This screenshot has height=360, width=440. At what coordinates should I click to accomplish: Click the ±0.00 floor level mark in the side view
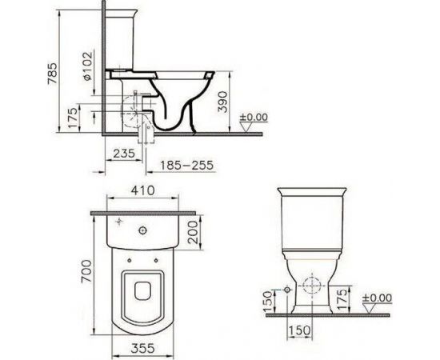click(256, 118)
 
